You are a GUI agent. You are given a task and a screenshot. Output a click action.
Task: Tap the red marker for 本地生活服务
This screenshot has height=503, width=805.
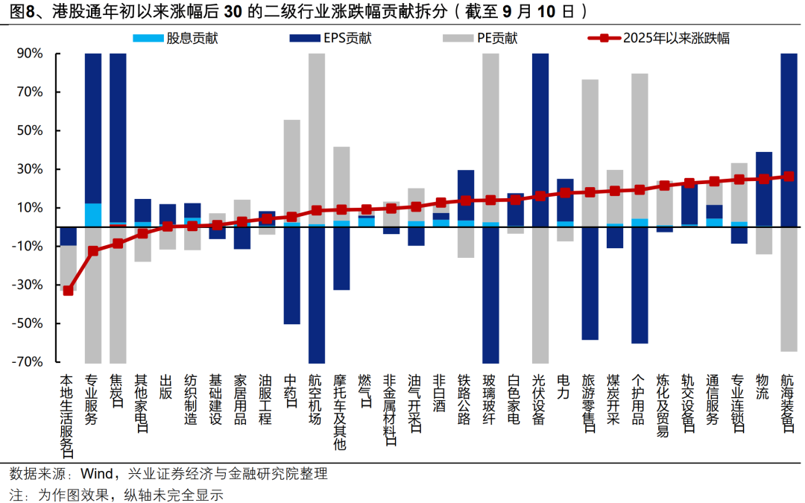click(x=68, y=291)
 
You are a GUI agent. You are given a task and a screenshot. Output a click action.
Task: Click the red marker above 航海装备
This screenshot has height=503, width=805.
click(x=788, y=177)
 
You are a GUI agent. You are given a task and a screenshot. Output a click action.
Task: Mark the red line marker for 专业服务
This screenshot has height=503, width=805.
click(x=93, y=251)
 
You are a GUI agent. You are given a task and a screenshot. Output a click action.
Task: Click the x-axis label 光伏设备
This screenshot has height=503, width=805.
click(x=540, y=399)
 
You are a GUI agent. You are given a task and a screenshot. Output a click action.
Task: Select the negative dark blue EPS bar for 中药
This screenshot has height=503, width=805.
click(x=292, y=275)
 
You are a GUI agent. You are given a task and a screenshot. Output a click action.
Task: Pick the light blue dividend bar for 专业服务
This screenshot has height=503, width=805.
click(x=93, y=215)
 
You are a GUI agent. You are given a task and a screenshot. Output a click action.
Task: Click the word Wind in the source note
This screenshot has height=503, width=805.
click(x=96, y=474)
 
